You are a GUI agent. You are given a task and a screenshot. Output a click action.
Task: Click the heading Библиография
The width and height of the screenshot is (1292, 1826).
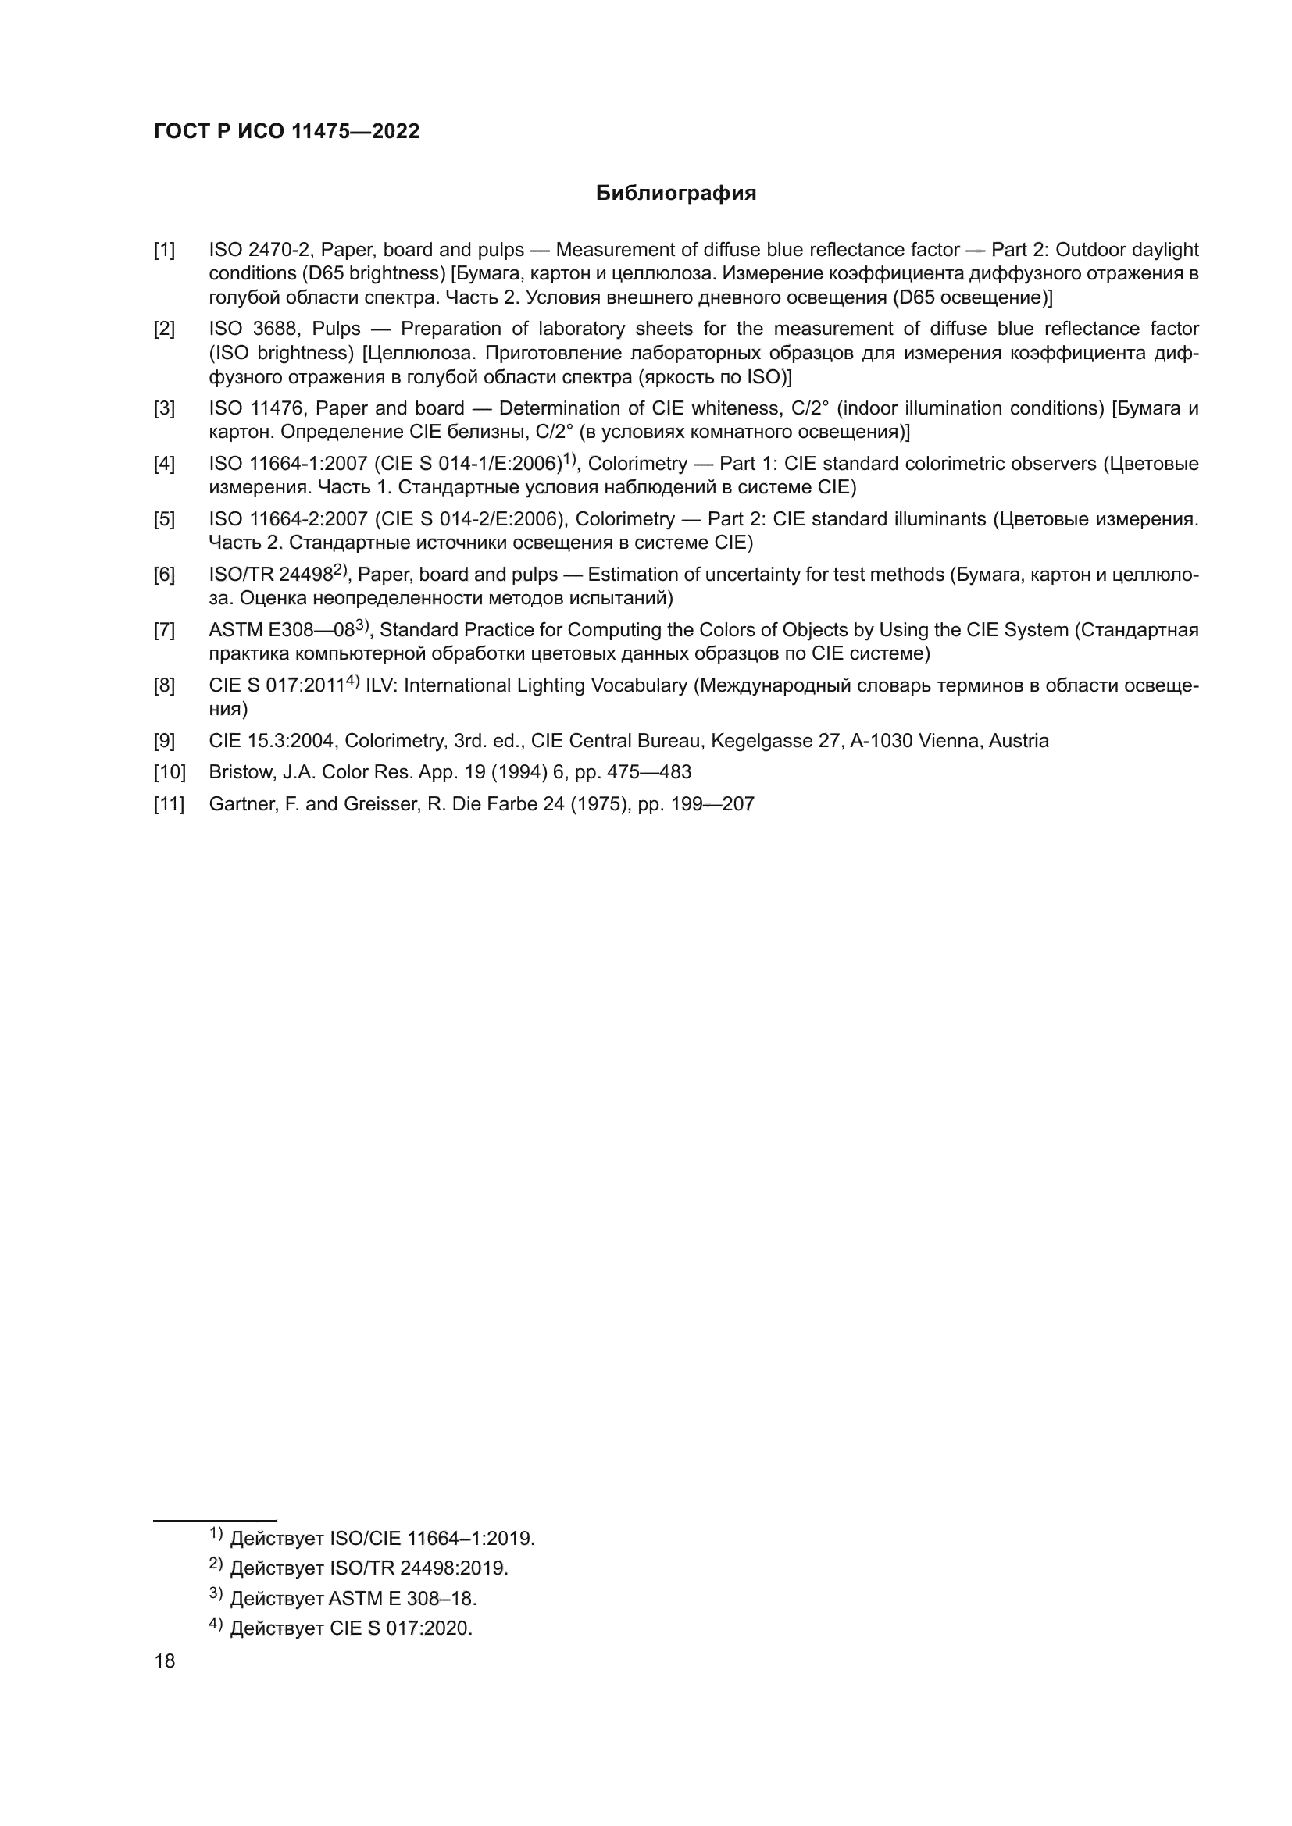click(x=676, y=194)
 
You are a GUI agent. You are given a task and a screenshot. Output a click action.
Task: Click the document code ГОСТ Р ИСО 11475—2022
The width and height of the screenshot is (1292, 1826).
click(x=287, y=132)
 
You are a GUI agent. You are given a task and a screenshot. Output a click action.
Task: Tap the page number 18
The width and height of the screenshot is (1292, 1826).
click(x=165, y=1660)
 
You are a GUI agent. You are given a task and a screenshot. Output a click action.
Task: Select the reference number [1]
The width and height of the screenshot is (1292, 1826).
click(x=164, y=251)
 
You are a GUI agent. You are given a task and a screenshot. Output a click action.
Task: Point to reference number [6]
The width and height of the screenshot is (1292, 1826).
click(x=164, y=575)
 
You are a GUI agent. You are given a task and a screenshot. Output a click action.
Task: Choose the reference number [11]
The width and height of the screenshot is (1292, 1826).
click(x=169, y=804)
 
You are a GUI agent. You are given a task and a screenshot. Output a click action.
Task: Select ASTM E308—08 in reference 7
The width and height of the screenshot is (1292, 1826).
click(x=281, y=631)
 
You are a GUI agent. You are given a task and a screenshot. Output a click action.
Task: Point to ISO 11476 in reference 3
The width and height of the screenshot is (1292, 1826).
click(x=257, y=409)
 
